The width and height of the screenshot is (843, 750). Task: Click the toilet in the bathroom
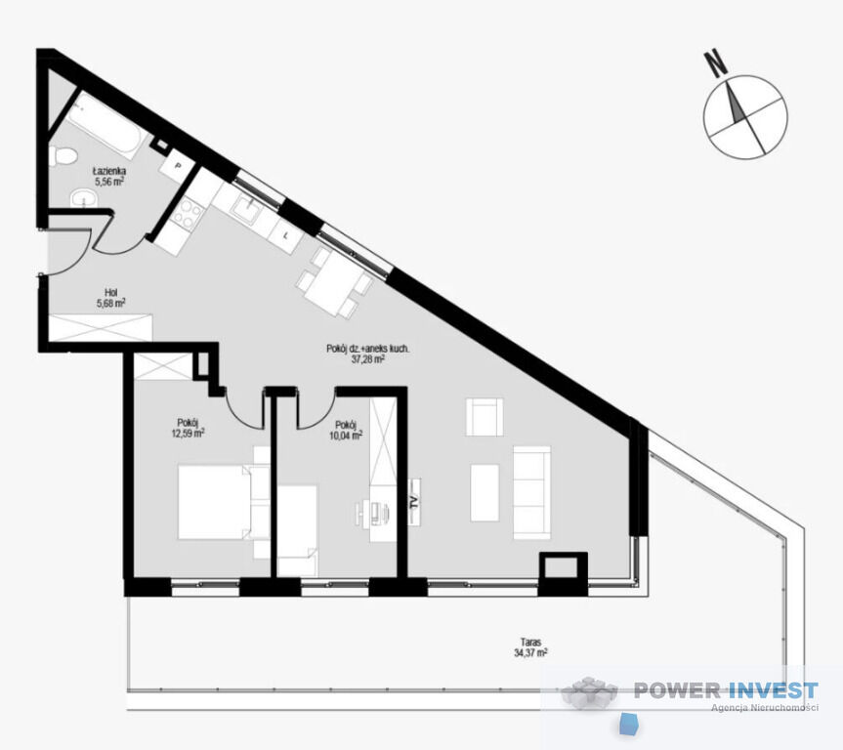tap(63, 156)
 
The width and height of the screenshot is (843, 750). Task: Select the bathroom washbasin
tap(84, 198)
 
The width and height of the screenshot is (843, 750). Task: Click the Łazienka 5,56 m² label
tap(109, 177)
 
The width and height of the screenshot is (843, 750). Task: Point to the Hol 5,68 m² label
tap(110, 299)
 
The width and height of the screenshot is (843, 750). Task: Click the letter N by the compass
tap(716, 62)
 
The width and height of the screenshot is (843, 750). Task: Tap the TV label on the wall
tap(414, 502)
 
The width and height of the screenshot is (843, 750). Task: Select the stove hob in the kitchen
tap(188, 214)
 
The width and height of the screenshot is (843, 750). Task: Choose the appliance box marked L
tap(286, 236)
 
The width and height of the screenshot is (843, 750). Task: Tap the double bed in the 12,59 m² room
tap(215, 502)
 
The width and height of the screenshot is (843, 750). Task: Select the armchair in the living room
tap(485, 417)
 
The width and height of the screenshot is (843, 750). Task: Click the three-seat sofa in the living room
tap(531, 492)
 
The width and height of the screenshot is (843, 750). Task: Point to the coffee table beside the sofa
tap(485, 493)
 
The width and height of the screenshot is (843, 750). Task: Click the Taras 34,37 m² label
tap(530, 647)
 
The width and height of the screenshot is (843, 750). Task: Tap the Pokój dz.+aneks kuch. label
tap(368, 349)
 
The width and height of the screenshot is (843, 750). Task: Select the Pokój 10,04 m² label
tap(346, 430)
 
